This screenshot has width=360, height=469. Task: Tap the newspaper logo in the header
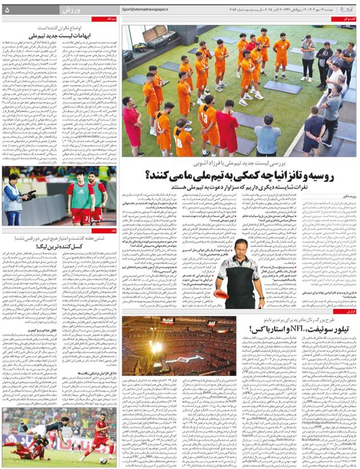tap(346, 10)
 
